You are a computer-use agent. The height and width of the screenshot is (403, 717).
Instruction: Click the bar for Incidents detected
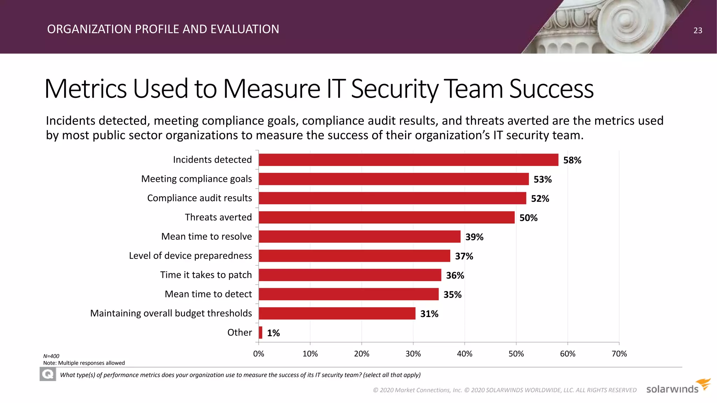[408, 160]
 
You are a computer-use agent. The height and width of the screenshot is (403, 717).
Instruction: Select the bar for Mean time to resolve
[360, 236]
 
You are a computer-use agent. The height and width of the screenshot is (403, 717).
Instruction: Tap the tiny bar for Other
[260, 332]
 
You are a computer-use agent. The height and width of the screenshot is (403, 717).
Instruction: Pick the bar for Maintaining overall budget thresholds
[337, 313]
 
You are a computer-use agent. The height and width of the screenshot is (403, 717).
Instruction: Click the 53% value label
[542, 179]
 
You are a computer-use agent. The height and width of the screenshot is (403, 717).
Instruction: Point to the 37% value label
[464, 256]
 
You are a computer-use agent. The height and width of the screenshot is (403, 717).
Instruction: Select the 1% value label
[273, 333]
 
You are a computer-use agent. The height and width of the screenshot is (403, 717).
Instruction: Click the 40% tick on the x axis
[465, 354]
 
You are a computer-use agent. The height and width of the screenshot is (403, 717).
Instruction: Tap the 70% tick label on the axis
[619, 354]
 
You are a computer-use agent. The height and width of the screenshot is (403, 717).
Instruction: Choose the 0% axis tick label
[258, 354]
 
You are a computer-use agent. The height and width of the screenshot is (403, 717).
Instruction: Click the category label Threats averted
[218, 217]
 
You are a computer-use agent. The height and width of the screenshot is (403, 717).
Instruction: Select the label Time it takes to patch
[206, 275]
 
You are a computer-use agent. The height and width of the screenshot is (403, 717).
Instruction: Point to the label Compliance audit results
[199, 198]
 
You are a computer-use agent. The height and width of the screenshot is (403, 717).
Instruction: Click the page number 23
[698, 30]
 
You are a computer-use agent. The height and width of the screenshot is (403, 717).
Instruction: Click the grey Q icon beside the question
[48, 375]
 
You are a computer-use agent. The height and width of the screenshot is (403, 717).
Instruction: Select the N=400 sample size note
[51, 356]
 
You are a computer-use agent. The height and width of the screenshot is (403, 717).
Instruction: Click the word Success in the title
[551, 89]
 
